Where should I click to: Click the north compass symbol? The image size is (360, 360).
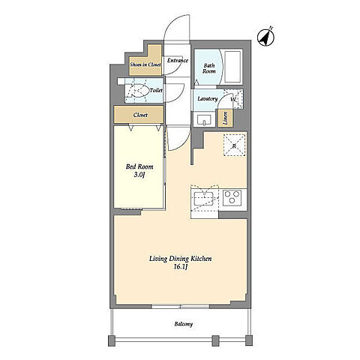[x=265, y=37]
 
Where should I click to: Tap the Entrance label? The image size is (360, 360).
[x=178, y=61]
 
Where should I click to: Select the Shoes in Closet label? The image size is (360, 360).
[x=145, y=64]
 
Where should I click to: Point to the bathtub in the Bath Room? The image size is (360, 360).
[x=233, y=67]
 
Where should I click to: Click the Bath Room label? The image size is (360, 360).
[x=209, y=68]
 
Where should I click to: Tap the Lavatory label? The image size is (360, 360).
[x=207, y=99]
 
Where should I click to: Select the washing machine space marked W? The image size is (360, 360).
[x=233, y=99]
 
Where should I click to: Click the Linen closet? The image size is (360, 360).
[x=225, y=118]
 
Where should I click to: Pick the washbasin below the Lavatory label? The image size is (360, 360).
[x=205, y=119]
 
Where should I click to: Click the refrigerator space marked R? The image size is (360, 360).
[x=234, y=145]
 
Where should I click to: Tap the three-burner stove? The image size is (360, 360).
[x=232, y=198]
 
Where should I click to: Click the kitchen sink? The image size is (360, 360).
[x=204, y=198]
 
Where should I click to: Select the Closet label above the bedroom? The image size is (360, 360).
[x=140, y=115]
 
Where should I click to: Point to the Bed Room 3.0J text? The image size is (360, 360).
[x=139, y=170]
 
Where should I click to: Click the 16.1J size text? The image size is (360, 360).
[x=181, y=267]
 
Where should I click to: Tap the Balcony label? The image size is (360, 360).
[x=184, y=324]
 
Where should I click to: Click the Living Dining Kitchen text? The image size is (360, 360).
[x=181, y=259]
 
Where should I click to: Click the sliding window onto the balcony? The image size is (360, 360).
[x=181, y=306]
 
